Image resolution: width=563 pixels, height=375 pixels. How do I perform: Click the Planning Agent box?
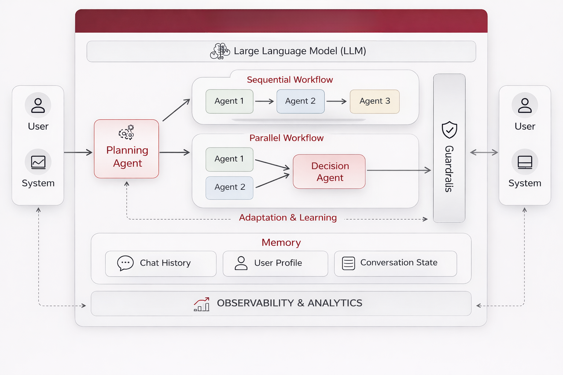(x=126, y=149)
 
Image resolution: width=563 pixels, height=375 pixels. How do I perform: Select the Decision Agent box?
(x=329, y=172)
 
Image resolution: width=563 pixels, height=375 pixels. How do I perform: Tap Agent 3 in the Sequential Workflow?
(x=375, y=101)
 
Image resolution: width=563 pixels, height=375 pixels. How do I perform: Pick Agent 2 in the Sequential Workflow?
(x=301, y=101)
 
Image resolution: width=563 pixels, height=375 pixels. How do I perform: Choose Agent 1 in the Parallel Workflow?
(x=229, y=159)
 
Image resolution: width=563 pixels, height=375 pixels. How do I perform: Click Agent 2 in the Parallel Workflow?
(x=229, y=187)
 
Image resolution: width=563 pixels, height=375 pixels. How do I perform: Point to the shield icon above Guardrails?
(x=449, y=130)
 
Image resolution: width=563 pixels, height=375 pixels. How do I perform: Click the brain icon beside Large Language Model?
(x=220, y=51)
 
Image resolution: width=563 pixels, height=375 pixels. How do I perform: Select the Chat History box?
(x=161, y=263)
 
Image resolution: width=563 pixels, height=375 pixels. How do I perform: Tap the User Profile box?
(x=275, y=263)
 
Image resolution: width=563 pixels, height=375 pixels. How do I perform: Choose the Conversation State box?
(x=395, y=263)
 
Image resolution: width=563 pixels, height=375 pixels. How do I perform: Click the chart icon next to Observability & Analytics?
(x=202, y=304)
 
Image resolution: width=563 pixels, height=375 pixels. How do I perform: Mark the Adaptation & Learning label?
(x=288, y=218)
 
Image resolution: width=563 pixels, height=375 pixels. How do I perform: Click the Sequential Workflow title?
(x=290, y=80)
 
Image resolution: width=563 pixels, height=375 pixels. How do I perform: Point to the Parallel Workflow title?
(x=286, y=138)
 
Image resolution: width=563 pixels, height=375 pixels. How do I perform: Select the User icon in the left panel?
(x=38, y=105)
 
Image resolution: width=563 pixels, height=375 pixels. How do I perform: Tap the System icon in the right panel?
(x=525, y=162)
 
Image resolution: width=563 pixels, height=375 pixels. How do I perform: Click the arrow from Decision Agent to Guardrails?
(x=399, y=170)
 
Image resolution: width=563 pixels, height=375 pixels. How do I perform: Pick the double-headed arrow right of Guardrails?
(x=484, y=152)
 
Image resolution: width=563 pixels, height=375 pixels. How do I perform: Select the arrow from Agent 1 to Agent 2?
(x=265, y=101)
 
